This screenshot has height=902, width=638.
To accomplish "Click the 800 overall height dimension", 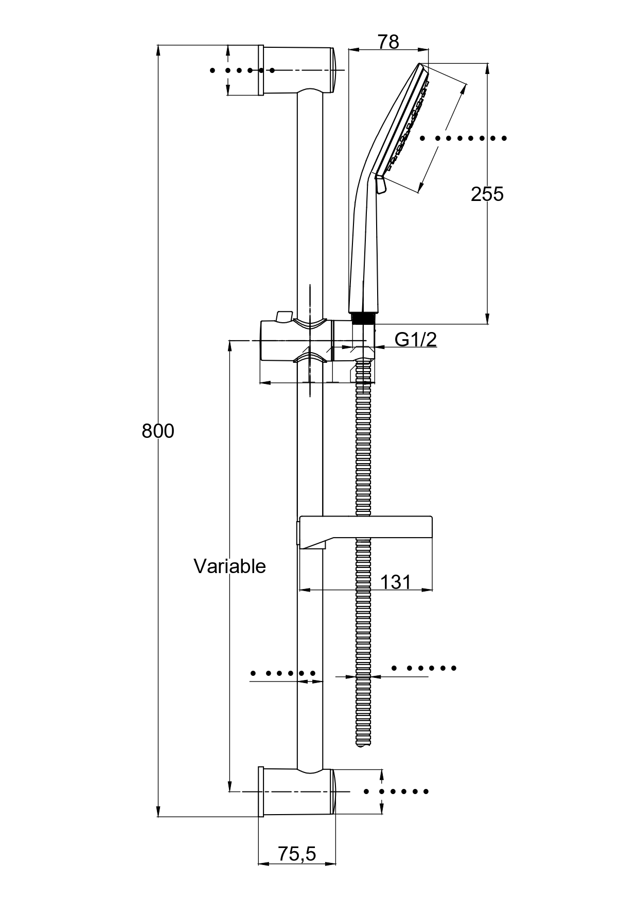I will coord(158,431).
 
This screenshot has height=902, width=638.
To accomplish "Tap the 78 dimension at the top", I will coord(388,42).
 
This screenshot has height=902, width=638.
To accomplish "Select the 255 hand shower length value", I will coord(487,194).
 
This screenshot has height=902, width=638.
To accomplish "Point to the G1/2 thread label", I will coord(416,339).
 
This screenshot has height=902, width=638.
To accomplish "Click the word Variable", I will coord(229,566).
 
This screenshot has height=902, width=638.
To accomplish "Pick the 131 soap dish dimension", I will coord(396,582).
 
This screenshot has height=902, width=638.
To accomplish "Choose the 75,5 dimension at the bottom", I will coord(297,854).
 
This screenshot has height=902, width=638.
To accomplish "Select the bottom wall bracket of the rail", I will coord(297,792).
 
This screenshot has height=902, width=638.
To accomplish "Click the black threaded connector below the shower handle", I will coord(363,317).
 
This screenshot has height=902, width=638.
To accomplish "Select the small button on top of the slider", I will coord(283,316).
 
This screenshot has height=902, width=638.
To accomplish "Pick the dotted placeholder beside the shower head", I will coord(463,138).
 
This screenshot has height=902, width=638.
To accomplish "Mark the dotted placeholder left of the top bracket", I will coord(242,70).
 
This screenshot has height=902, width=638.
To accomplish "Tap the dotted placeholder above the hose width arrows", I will coord(424,668).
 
